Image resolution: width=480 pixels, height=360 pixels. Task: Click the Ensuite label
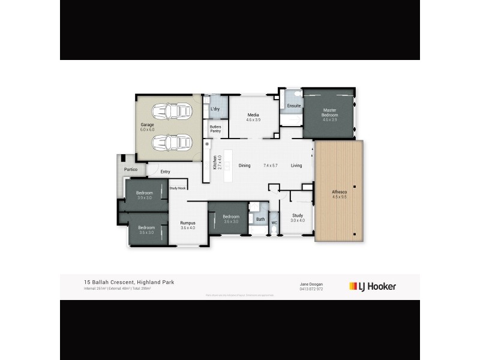[294, 106]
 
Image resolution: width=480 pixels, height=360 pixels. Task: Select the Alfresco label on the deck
[340, 194]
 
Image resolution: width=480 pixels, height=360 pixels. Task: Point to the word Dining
[244, 166]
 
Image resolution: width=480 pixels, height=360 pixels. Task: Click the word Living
[296, 166]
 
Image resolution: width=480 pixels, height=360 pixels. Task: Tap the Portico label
[131, 169]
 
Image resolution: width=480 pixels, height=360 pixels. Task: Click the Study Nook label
[178, 188]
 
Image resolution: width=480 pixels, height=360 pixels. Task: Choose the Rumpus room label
[188, 224]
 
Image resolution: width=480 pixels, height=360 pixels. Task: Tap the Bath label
[260, 219]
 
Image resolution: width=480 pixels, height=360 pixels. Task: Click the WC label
[274, 223]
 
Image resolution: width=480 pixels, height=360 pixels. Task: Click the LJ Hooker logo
[372, 286]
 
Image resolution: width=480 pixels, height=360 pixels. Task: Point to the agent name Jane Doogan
[311, 284]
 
